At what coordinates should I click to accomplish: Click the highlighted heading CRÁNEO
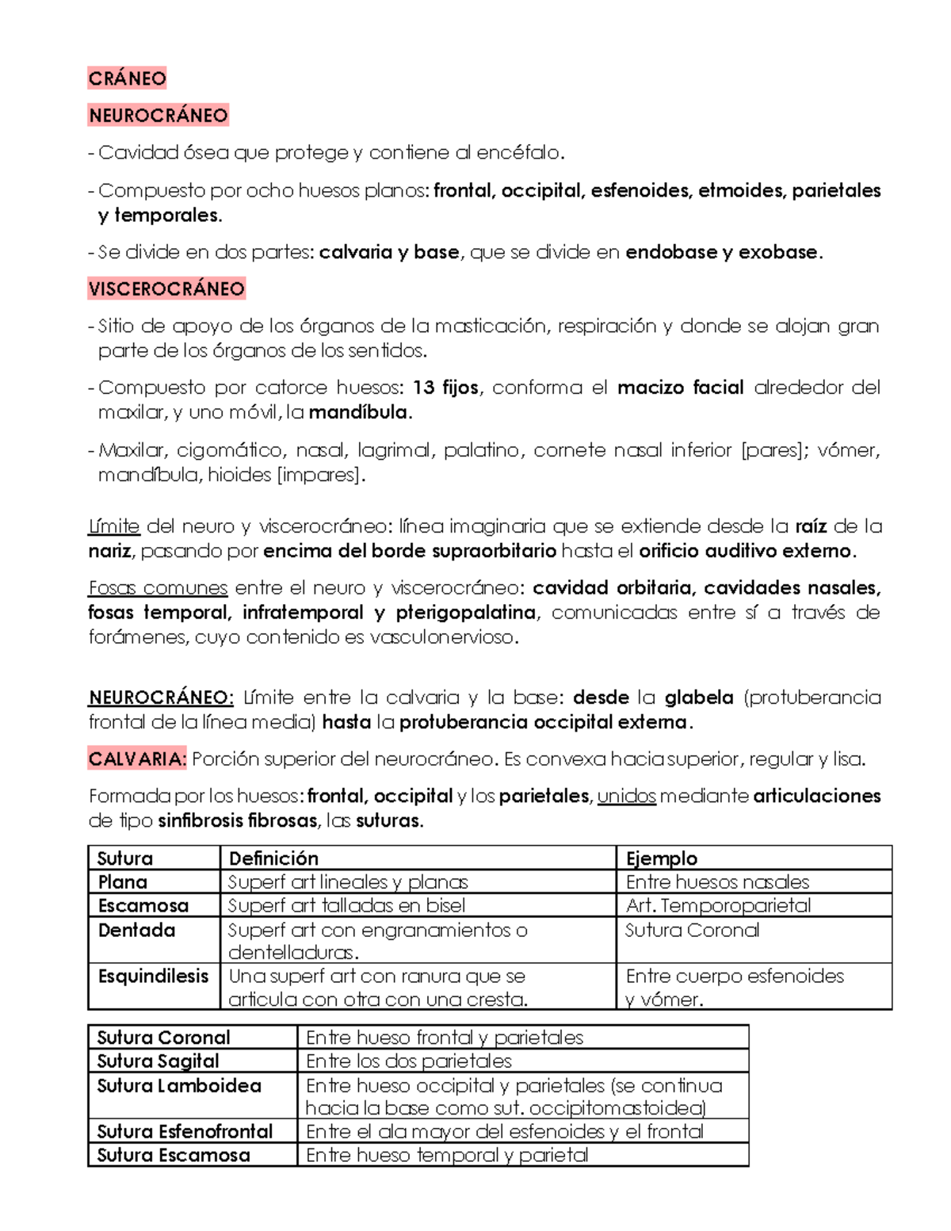point(127,78)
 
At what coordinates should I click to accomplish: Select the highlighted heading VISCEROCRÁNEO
point(166,289)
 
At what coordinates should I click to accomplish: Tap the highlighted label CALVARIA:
point(137,759)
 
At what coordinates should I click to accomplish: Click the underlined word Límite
point(114,526)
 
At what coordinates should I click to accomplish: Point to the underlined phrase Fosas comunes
point(158,588)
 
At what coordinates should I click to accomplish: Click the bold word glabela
point(698,698)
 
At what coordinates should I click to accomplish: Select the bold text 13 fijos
point(445,388)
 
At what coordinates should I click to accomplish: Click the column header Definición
point(273,858)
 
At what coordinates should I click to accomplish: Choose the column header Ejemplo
point(661,858)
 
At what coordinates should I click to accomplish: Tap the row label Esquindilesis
point(153,977)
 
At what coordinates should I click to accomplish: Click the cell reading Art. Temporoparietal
point(718,906)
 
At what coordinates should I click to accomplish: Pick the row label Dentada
point(136,930)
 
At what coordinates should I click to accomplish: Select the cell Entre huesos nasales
point(717,882)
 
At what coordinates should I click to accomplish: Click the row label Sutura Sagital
point(158,1061)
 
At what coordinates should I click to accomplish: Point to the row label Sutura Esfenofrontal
point(185,1131)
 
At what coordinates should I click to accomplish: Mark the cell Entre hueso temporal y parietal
point(446,1156)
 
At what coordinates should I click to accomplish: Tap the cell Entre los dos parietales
point(408,1061)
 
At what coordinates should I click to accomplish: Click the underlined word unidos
point(626,796)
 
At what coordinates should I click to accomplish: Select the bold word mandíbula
point(359,413)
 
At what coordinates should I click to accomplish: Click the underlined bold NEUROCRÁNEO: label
point(161,698)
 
